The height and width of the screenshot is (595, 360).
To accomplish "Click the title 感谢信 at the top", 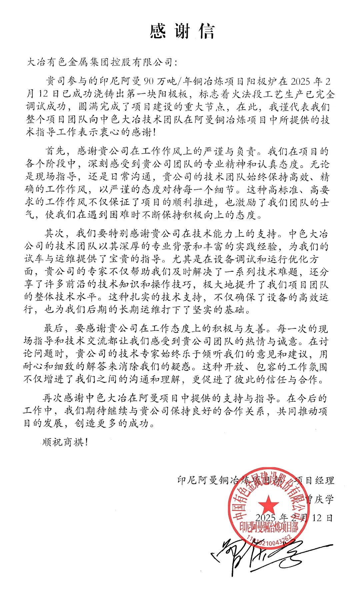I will (x=182, y=32).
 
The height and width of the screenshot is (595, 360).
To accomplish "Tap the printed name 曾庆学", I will (x=320, y=499).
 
